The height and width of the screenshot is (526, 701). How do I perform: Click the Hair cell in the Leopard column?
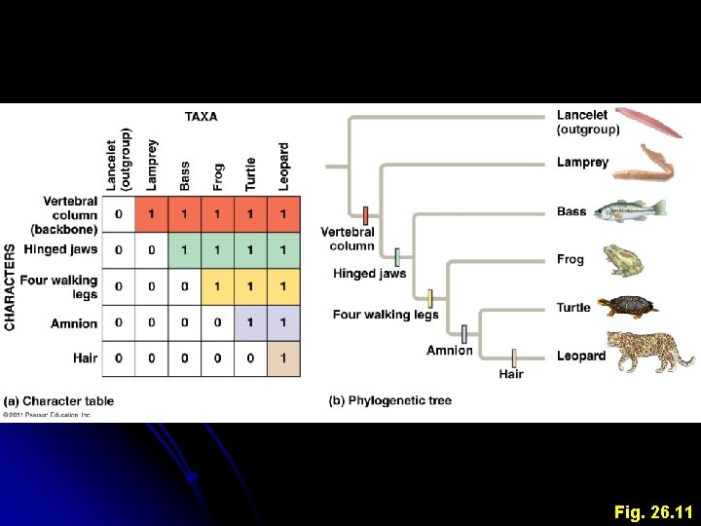(283, 358)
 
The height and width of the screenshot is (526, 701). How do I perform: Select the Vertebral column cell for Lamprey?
(151, 214)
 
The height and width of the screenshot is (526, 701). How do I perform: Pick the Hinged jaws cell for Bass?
(184, 250)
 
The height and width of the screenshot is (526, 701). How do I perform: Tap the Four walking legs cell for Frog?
(217, 286)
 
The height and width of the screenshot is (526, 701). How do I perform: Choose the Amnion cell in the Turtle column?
(250, 322)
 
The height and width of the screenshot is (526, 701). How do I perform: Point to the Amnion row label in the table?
(74, 323)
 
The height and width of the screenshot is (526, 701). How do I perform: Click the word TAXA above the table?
(201, 117)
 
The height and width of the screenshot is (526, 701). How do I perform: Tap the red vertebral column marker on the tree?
(365, 216)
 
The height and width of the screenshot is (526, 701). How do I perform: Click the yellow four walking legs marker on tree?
(430, 297)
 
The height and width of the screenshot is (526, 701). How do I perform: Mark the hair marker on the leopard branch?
(514, 357)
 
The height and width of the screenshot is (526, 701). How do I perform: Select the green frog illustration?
(622, 260)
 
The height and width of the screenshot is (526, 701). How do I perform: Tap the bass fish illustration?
(630, 209)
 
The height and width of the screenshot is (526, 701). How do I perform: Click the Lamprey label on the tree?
(582, 163)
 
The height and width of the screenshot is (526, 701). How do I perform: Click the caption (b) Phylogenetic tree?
(390, 400)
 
